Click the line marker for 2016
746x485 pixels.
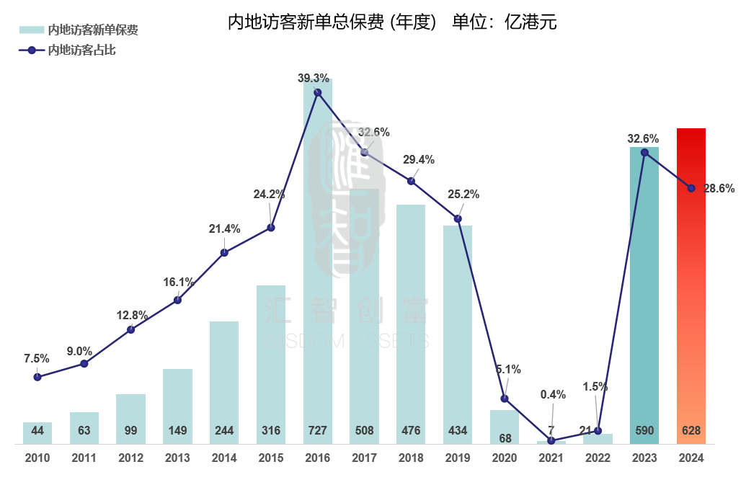point(318,92)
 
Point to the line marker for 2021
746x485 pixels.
point(551,440)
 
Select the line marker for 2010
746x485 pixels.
point(37,377)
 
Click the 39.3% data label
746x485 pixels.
point(314,78)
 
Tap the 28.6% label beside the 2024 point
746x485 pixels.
point(719,189)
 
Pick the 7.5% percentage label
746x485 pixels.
point(37,358)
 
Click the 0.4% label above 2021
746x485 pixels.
point(553,394)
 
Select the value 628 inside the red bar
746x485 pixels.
point(691,431)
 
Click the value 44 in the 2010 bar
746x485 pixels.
point(37,431)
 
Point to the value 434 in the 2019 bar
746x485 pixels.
point(458,431)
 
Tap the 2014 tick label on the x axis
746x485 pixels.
point(224,458)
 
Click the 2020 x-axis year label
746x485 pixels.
point(505,458)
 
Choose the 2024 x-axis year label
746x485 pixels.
point(691,458)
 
